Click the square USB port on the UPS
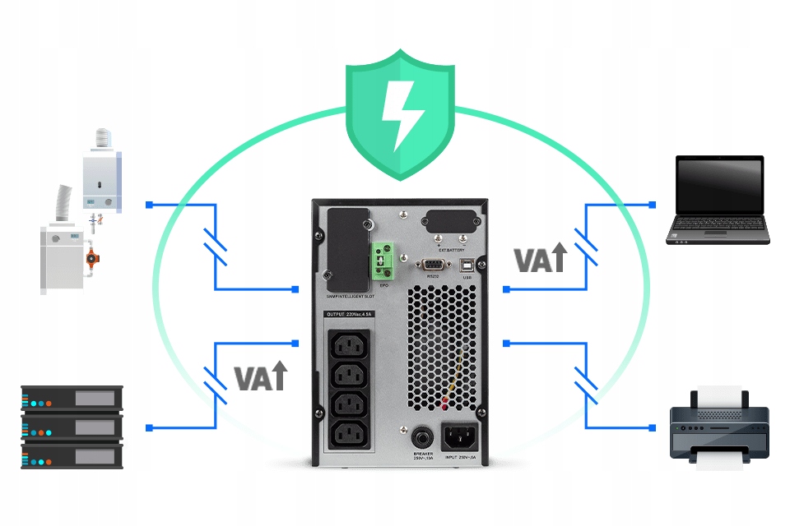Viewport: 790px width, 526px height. [467, 264]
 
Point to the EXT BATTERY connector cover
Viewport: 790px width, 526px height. [450, 224]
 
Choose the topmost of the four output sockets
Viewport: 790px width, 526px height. [349, 346]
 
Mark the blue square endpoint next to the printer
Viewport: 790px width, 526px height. [652, 428]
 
